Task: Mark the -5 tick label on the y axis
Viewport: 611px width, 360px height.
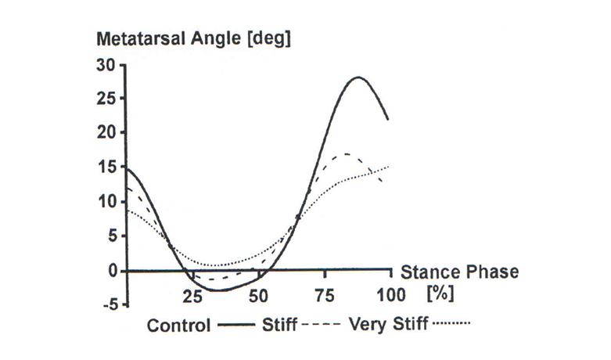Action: (x=108, y=304)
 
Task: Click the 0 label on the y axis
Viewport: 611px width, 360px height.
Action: (x=113, y=270)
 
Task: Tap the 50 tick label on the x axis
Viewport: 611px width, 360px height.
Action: (x=258, y=296)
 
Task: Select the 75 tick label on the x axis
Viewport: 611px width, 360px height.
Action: (x=323, y=296)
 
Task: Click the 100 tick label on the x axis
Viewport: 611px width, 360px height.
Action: (x=388, y=296)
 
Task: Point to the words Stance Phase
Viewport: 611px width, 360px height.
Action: (x=459, y=272)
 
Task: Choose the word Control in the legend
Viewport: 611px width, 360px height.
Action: (x=178, y=324)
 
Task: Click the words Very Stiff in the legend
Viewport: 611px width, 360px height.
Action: (x=390, y=323)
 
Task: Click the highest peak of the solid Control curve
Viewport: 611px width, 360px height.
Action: (x=358, y=77)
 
